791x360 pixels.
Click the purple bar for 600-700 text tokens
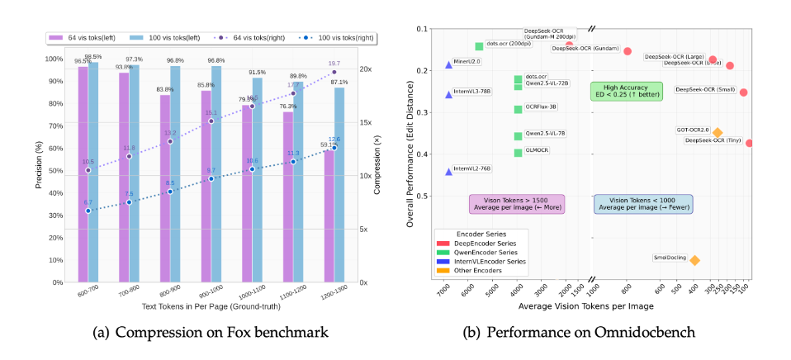tap(83, 173)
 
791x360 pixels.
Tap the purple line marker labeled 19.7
tap(334, 72)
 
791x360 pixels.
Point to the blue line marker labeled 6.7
tap(88, 211)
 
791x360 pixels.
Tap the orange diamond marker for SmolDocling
tap(694, 260)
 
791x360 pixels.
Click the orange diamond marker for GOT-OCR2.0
tap(718, 132)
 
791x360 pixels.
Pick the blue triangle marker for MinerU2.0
tap(448, 64)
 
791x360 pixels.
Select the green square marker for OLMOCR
tap(518, 152)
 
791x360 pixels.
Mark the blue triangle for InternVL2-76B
tap(448, 172)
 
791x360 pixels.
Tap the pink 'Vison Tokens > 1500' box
tap(516, 204)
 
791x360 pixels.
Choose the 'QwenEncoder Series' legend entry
tap(481, 251)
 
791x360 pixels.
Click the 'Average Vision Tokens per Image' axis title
tap(586, 306)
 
